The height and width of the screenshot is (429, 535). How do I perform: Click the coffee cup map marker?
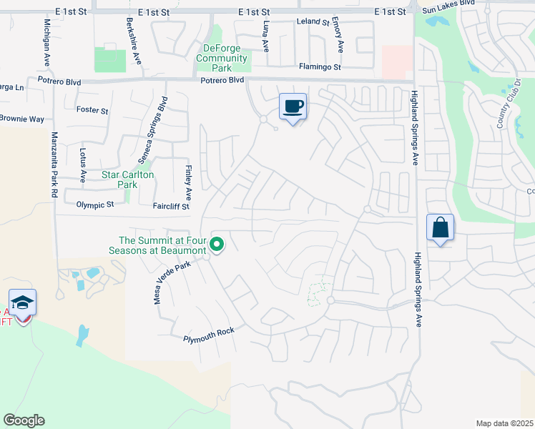[x=293, y=107]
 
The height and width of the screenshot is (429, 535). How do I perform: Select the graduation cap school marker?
[x=23, y=303]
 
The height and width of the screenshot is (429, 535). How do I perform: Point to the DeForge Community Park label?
[x=222, y=59]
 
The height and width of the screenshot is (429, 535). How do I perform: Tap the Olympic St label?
[x=95, y=204]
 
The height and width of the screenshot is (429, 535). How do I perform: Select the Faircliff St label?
[x=171, y=206]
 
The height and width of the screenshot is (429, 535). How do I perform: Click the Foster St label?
[x=92, y=111]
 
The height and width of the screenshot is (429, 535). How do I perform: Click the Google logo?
[x=24, y=420]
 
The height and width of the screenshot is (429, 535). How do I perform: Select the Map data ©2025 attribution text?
[x=504, y=423]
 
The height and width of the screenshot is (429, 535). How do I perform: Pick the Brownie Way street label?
[x=21, y=118]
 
